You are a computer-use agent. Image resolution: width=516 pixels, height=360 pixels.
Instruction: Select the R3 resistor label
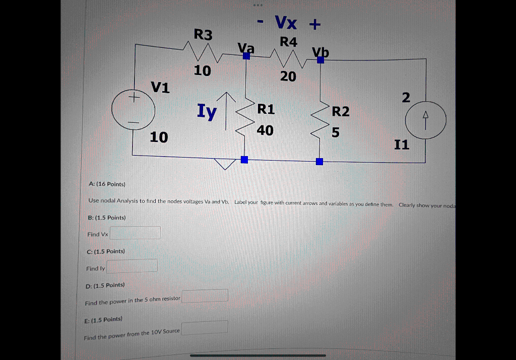204,35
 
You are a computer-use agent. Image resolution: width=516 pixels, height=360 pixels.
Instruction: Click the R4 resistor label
288,42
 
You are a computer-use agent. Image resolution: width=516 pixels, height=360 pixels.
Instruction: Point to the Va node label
246,48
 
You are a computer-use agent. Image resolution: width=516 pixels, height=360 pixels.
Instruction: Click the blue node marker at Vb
320,60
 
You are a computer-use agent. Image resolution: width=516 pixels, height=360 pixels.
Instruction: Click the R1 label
266,109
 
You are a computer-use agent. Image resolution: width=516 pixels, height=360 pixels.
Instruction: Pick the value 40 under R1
265,130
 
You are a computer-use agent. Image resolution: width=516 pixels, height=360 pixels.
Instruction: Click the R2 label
341,111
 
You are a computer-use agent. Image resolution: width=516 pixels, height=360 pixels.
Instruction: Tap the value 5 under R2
336,132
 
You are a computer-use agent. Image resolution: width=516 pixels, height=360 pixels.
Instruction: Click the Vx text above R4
286,23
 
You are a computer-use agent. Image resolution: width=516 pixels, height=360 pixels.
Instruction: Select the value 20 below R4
288,77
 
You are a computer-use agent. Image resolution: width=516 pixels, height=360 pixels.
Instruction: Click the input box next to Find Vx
135,233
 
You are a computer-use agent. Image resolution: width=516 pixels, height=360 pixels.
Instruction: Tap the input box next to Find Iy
132,265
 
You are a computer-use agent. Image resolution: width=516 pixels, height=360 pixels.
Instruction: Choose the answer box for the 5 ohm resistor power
205,296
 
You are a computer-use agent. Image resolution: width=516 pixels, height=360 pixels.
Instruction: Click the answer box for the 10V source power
205,327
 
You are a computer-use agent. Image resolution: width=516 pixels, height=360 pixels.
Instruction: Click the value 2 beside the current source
406,97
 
